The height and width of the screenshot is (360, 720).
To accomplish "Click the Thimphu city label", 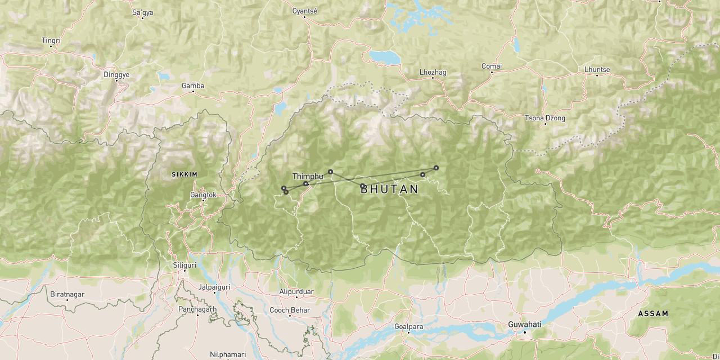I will coord(308,176).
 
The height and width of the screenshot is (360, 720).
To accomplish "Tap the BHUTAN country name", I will coord(390,190).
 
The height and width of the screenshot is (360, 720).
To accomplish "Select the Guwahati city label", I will coord(524,325).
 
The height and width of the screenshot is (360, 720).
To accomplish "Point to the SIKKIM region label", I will coord(184,174).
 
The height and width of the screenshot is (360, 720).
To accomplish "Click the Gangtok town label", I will coord(203,195).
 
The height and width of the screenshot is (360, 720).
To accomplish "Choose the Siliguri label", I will coord(184,265).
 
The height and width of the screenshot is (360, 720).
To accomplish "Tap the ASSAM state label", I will coord(653,313).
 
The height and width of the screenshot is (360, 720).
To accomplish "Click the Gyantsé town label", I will coord(305,11).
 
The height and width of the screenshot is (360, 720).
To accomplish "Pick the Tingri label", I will coord(51,40).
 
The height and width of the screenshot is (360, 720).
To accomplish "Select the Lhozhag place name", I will coord(433,72).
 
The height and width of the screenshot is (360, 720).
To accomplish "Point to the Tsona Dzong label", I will coord(544,118).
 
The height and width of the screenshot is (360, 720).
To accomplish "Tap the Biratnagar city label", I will coord(67,294).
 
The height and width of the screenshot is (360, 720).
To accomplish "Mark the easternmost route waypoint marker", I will coord(436,168).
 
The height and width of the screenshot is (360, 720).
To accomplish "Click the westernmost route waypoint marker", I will coord(283,188).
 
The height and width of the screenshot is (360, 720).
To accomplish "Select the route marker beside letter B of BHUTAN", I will coord(363,186).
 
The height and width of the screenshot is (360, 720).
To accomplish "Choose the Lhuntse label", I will coord(597,70).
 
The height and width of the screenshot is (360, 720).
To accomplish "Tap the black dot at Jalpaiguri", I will coord(214,292).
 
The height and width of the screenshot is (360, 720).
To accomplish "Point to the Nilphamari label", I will coord(228,354).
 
